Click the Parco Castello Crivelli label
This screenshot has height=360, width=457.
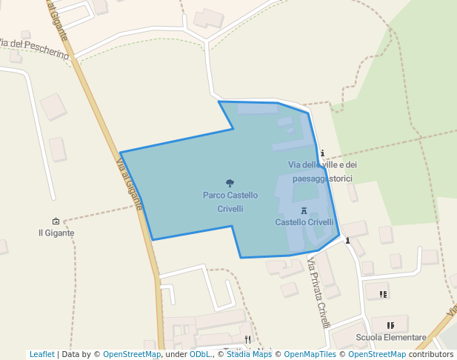tap(230, 201)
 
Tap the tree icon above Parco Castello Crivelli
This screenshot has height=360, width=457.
tap(230, 182)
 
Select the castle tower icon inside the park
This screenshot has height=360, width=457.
tap(304, 211)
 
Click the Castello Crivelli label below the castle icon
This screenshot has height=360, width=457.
tap(304, 222)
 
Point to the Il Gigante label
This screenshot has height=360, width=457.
tap(56, 233)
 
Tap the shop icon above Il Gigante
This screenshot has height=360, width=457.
tap(56, 221)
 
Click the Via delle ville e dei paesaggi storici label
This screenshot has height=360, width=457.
tap(322, 171)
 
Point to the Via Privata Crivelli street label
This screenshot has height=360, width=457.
tap(318, 293)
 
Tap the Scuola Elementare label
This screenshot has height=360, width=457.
tap(391, 338)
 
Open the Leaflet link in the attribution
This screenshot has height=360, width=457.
tap(42, 354)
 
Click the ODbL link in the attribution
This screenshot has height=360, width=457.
tap(200, 354)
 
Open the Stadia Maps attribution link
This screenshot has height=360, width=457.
tap(249, 354)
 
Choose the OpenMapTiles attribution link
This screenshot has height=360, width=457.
tap(311, 354)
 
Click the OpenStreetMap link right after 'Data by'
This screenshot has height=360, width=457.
tap(132, 354)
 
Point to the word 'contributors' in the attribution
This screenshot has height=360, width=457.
tap(431, 354)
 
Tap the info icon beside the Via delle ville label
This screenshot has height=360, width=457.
tap(322, 153)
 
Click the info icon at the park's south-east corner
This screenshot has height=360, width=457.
tap(347, 240)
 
